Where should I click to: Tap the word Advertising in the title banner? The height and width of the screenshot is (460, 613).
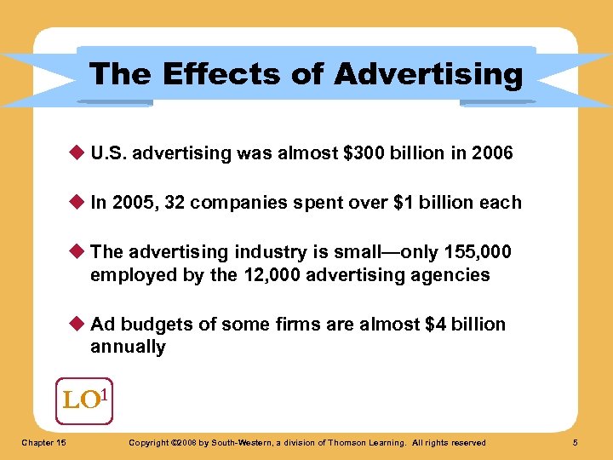point(428,74)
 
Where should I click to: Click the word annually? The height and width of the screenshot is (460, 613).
point(128,347)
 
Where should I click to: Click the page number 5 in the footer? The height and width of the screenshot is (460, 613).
point(576,442)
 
